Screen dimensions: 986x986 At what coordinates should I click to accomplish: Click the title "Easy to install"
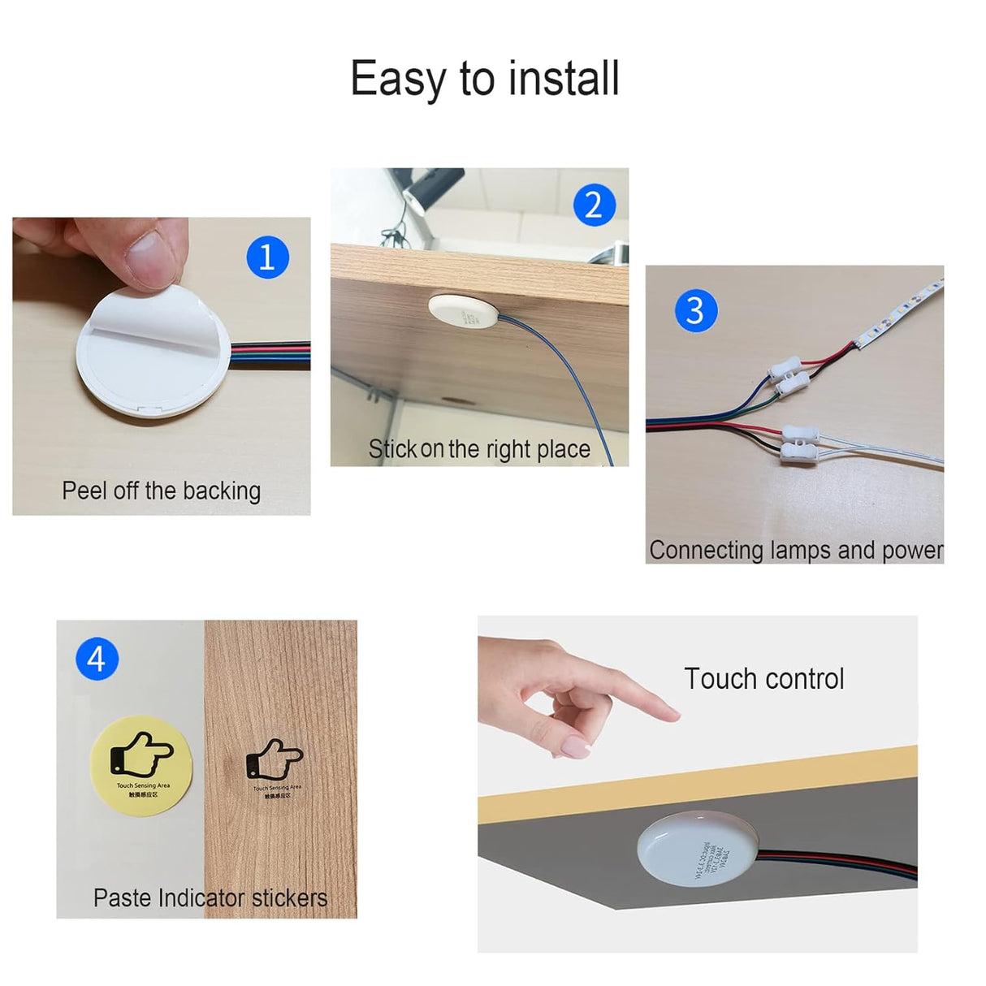point(485,79)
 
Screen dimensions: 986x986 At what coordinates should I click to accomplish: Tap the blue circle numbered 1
point(267,257)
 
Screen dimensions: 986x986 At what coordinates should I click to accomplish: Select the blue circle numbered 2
point(594,205)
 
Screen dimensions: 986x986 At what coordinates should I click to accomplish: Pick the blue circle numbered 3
point(695,310)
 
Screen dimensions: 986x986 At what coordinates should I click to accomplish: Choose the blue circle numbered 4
point(97,659)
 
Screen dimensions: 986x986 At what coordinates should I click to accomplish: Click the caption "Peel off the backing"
point(161,491)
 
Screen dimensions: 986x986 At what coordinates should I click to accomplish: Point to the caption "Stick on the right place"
point(479,449)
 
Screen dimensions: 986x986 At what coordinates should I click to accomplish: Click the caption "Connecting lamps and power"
point(795,550)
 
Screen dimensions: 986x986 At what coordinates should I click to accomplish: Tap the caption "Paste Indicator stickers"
point(210,897)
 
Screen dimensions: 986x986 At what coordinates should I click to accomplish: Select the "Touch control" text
point(763,678)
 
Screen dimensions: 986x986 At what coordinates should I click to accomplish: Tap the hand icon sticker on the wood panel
point(276,768)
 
